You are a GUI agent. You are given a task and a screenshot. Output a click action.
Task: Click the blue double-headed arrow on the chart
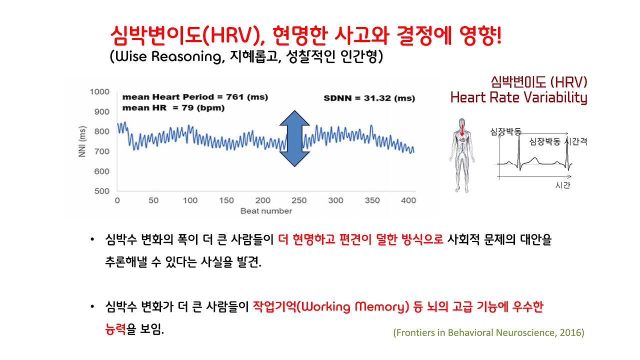tap(294, 138)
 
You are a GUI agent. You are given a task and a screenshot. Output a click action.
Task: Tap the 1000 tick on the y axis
tap(99, 92)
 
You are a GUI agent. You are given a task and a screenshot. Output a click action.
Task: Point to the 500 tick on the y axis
tap(102, 191)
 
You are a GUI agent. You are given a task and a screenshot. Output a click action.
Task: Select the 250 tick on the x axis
tap(299, 200)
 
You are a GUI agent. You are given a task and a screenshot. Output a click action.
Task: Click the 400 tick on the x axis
tap(408, 200)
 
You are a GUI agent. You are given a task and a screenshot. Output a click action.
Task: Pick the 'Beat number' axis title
tap(266, 211)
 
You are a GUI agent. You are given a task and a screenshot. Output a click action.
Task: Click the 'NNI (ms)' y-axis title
tap(82, 142)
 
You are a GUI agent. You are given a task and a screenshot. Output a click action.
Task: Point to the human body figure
tap(461, 155)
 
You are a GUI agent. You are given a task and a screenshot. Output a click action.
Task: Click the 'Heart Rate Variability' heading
tap(518, 97)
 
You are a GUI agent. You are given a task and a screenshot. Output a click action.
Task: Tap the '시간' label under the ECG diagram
tap(562, 185)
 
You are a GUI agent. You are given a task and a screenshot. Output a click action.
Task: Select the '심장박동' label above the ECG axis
tap(505, 132)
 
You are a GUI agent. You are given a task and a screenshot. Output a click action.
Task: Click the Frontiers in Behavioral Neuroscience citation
tap(488, 332)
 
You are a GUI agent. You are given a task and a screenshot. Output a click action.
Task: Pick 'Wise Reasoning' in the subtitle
tap(168, 56)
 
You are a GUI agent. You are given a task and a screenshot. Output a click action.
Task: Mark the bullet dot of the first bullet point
tap(92, 240)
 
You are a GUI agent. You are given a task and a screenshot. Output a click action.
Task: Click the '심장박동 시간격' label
tap(557, 142)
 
